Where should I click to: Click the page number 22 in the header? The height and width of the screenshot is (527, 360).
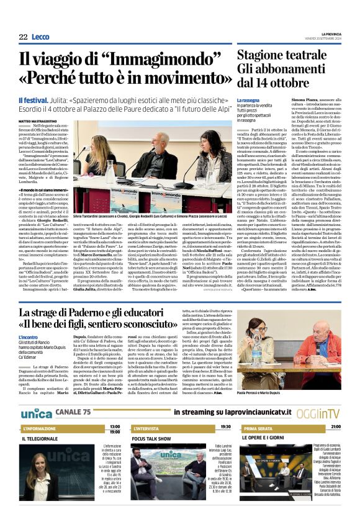click(23, 37)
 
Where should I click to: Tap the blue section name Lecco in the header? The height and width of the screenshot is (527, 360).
click(40, 37)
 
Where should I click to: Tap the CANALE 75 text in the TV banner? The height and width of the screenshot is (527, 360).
click(73, 412)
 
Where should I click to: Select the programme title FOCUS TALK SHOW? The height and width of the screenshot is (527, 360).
click(151, 438)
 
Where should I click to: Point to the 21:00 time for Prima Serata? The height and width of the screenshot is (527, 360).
click(335, 428)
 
